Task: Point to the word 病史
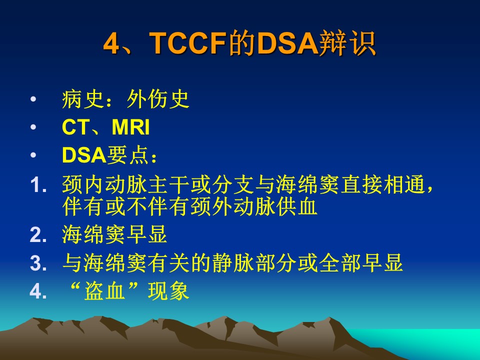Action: click(x=82, y=99)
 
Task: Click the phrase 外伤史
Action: click(x=158, y=99)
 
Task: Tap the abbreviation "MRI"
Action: click(x=130, y=126)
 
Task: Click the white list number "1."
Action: click(x=38, y=185)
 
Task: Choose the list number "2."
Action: click(x=38, y=235)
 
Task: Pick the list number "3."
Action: click(x=38, y=263)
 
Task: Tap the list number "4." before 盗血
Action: click(x=38, y=291)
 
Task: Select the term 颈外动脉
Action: click(x=233, y=206)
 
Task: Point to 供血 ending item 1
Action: click(x=296, y=206)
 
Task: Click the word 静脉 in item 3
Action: click(x=222, y=263)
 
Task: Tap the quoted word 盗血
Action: click(x=104, y=291)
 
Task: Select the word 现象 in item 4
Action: click(x=168, y=291)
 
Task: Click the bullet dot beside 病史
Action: click(x=33, y=99)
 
